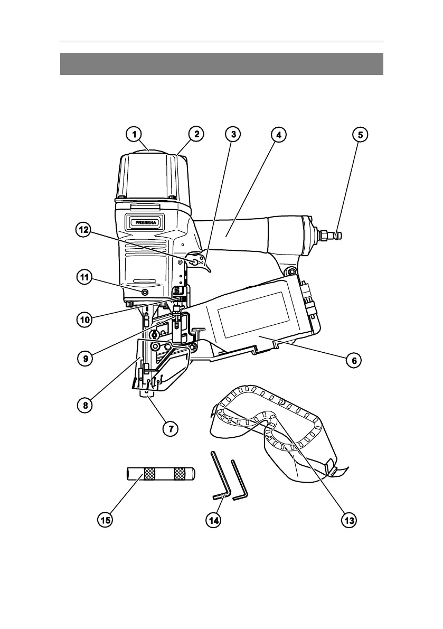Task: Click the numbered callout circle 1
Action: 134,134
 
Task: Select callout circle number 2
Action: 196,134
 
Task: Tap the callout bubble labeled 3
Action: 233,134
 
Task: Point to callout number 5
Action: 360,134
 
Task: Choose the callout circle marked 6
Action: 354,360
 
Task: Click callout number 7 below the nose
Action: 171,428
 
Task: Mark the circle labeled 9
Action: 86,358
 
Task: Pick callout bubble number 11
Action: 84,278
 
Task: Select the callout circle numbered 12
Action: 84,230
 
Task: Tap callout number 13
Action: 348,520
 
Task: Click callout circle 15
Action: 105,520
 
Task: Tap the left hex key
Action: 220,476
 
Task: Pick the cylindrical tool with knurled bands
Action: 161,474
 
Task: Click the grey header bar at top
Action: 222,64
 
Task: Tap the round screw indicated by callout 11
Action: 144,291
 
